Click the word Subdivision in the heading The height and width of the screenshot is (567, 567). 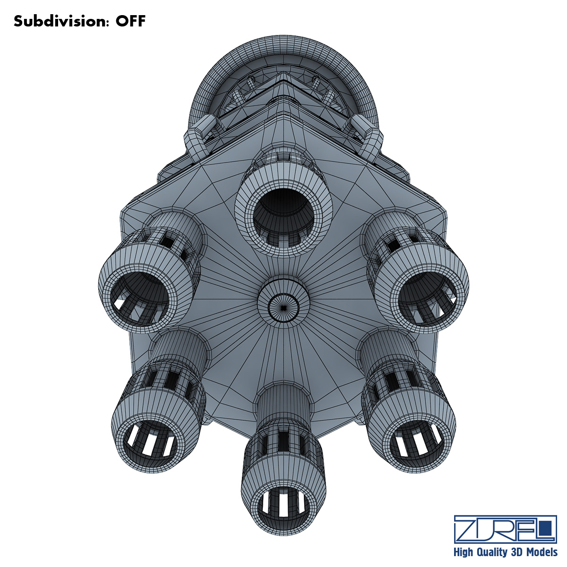60,21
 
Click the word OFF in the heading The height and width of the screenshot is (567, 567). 130,21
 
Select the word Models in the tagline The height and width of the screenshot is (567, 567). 541,552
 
